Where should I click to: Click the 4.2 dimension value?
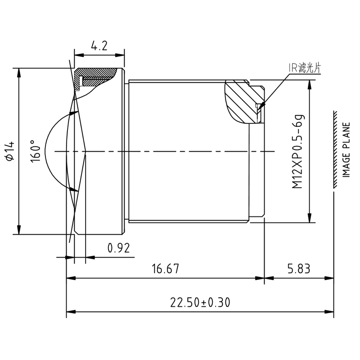click(99, 46)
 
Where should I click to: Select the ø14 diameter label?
click(9, 150)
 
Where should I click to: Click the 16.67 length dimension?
click(166, 269)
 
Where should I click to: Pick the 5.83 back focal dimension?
click(298, 269)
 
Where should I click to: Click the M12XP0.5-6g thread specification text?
click(298, 151)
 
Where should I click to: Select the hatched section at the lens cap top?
click(97, 74)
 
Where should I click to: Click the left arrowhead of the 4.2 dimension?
click(76, 55)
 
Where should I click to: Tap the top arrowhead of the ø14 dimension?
click(18, 71)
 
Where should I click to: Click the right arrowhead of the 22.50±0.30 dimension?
click(332, 311)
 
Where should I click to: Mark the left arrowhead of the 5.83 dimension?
click(266, 278)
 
